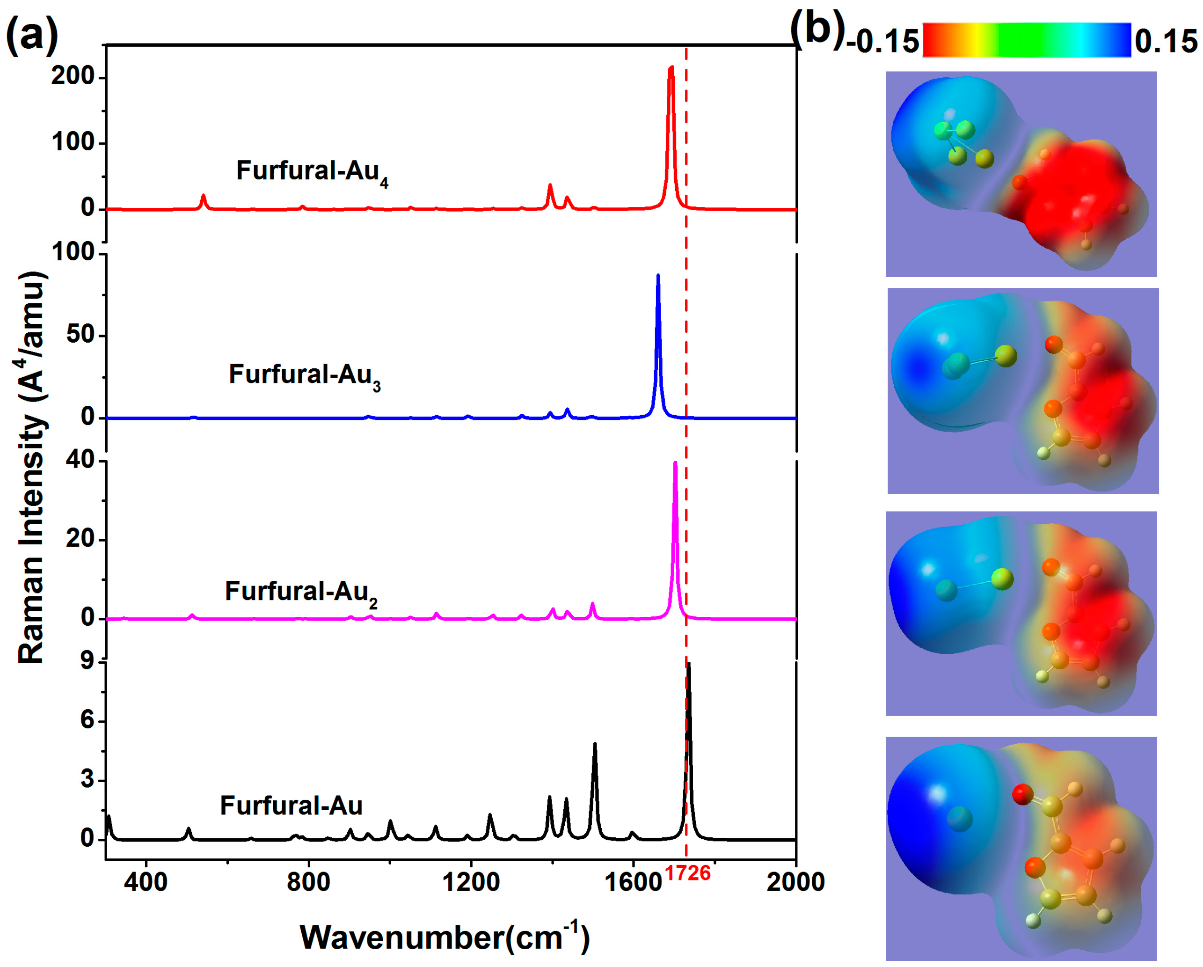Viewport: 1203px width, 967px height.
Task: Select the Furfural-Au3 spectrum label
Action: [x=305, y=375]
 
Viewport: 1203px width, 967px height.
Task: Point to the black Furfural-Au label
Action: [x=291, y=806]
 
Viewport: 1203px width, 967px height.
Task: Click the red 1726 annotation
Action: [x=688, y=873]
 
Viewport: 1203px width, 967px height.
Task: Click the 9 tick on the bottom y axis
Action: [x=87, y=662]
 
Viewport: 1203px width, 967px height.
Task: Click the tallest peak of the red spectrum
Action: [x=671, y=68]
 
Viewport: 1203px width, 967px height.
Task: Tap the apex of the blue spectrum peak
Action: [x=658, y=275]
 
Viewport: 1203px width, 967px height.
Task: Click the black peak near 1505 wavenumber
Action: [x=595, y=744]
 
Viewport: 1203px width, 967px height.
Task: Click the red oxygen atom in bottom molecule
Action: [x=1023, y=794]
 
